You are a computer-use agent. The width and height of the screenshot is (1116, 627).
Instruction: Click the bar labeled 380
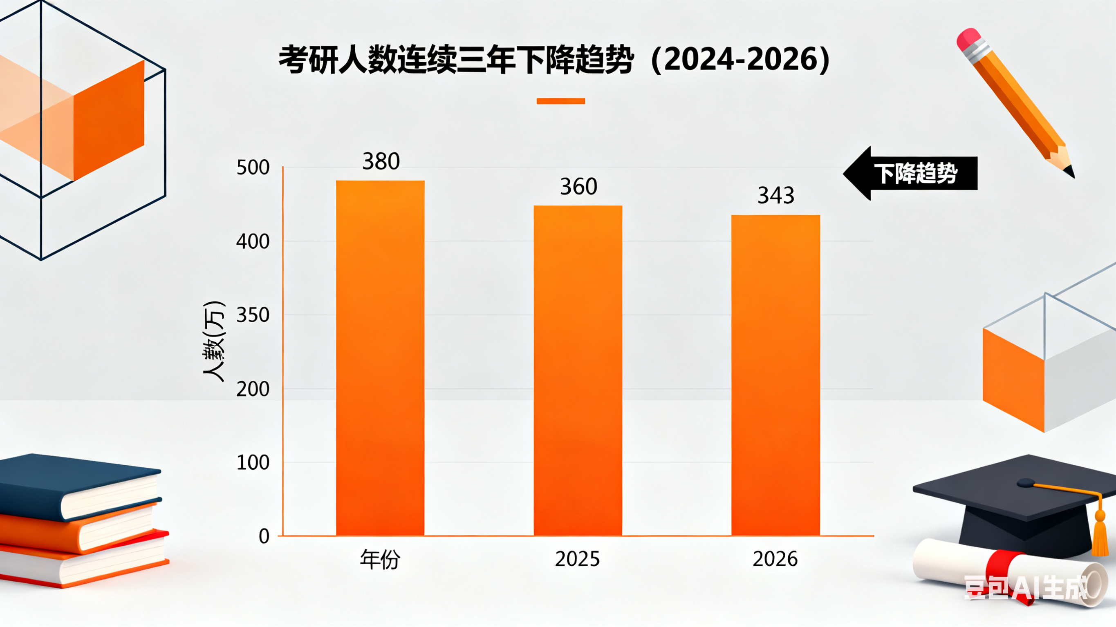(x=380, y=358)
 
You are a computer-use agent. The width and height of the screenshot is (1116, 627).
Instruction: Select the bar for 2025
(x=578, y=370)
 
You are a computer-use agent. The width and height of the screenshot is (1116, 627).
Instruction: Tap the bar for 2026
(x=775, y=375)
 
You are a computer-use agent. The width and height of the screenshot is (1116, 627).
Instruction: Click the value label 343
(x=775, y=196)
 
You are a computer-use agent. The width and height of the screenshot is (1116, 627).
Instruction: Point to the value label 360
(x=578, y=187)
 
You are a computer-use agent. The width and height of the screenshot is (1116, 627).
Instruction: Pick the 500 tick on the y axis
(x=253, y=168)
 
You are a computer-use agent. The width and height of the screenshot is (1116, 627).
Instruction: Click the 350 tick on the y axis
(x=253, y=315)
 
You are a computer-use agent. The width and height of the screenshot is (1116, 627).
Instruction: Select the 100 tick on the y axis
(x=253, y=463)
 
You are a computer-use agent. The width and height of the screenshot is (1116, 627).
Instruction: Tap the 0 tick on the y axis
(x=264, y=536)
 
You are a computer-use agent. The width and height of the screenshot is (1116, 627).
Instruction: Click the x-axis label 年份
(x=380, y=559)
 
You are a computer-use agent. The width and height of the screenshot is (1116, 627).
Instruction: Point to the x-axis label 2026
(x=775, y=559)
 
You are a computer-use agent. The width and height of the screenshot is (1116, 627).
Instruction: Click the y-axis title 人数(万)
(x=214, y=341)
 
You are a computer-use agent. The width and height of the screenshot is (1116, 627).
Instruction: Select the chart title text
(x=554, y=60)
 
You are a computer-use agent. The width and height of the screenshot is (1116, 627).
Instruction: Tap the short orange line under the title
(x=560, y=101)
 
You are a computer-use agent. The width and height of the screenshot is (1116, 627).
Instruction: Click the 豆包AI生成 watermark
(x=1025, y=588)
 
